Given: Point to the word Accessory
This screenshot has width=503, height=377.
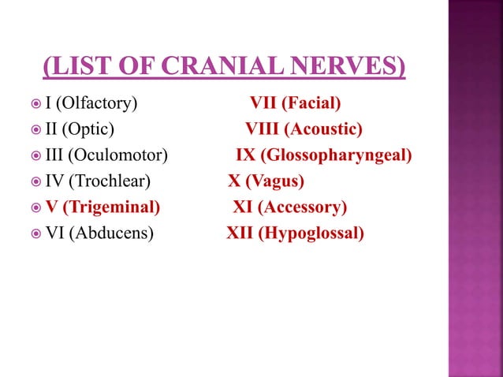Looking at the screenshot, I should coord(301,207).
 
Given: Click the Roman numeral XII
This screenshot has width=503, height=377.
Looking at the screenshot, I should coord(239,233).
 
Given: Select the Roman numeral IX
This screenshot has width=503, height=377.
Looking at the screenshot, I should coord(245,155).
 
